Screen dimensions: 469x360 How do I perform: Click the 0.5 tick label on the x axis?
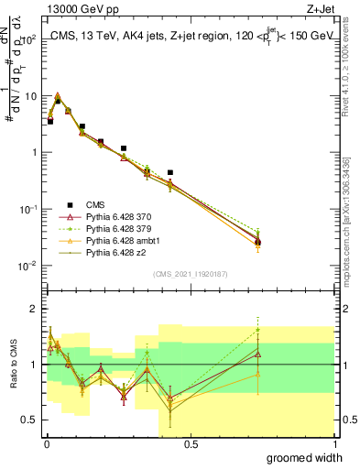[191, 443]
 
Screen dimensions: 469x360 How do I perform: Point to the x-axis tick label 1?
[335, 443]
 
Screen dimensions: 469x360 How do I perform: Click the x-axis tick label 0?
[47, 443]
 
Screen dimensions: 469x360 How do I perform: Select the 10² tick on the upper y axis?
[30, 39]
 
